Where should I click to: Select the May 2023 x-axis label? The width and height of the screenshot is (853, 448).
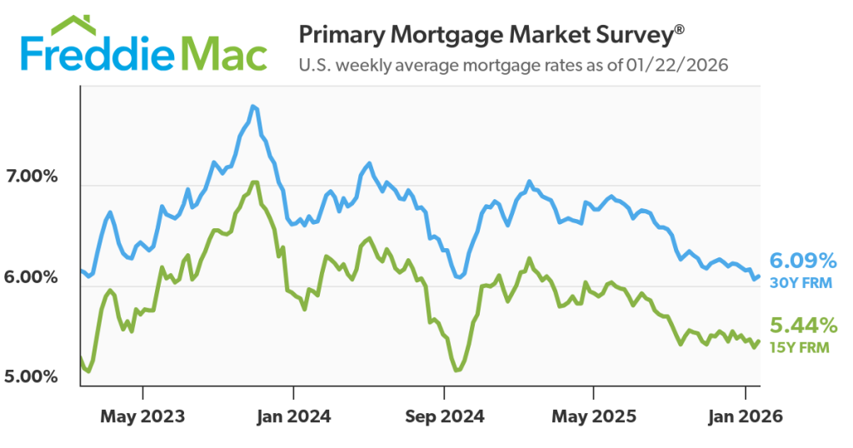tap(143, 415)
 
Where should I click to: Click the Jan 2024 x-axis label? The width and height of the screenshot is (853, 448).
tap(293, 415)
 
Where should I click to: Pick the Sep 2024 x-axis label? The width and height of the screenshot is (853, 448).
tap(443, 415)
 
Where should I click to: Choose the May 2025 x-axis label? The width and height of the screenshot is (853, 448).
tap(593, 415)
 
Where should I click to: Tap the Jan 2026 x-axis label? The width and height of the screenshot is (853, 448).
tap(744, 415)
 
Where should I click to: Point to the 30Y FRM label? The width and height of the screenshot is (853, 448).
tap(800, 283)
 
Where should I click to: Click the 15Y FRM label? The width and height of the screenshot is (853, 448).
tap(800, 347)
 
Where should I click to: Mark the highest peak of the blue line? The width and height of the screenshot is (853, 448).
tap(253, 107)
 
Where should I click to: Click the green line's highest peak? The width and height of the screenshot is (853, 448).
tap(255, 182)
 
